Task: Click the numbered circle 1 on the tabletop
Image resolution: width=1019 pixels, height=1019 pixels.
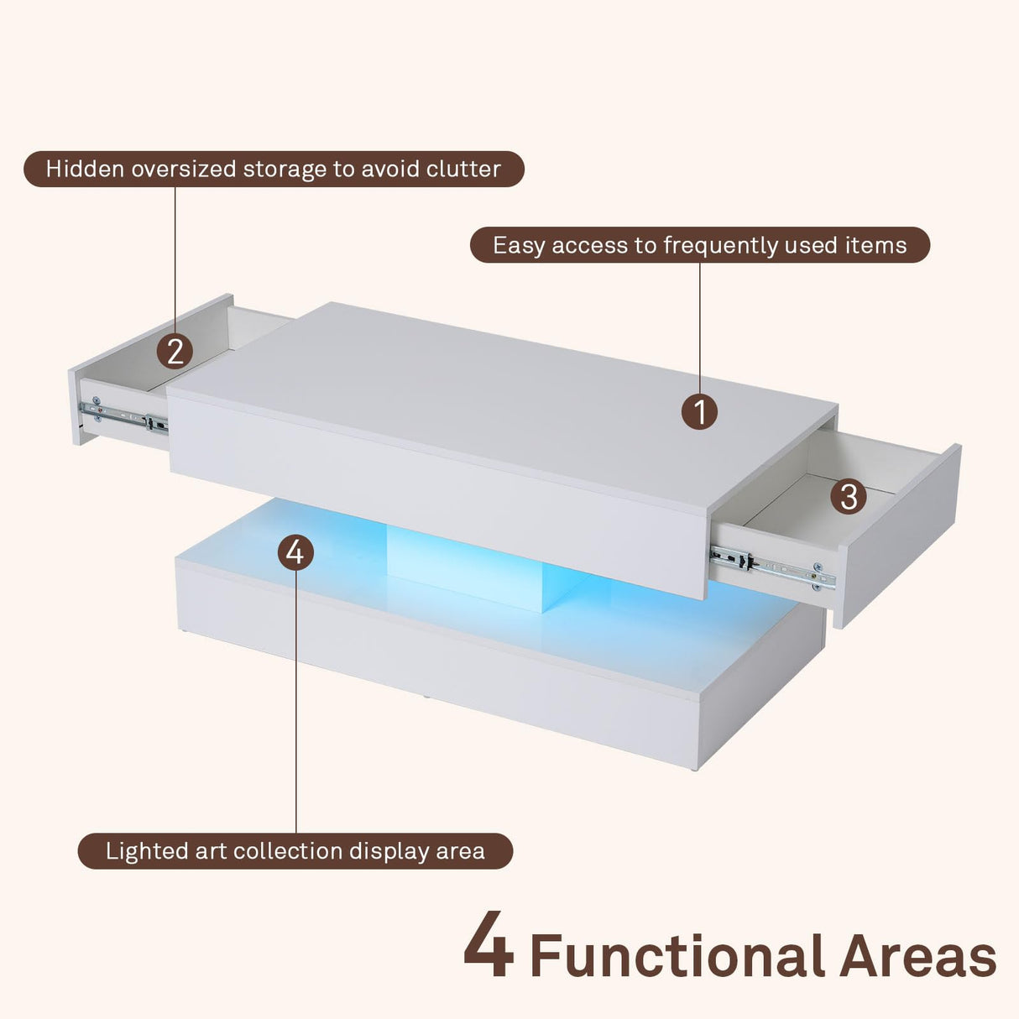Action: tap(699, 412)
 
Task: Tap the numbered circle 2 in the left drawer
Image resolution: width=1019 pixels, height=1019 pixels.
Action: tap(175, 351)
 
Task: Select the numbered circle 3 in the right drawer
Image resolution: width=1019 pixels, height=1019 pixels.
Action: tap(849, 496)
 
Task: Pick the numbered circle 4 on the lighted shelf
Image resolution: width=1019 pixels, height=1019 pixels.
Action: tap(295, 552)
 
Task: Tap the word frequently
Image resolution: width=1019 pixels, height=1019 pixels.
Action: tap(721, 246)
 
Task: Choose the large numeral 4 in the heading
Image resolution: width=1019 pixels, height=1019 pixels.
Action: tap(489, 947)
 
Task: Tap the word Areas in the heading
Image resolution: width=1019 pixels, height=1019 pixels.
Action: tap(917, 956)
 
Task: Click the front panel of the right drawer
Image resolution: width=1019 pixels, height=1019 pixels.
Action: tap(898, 537)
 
